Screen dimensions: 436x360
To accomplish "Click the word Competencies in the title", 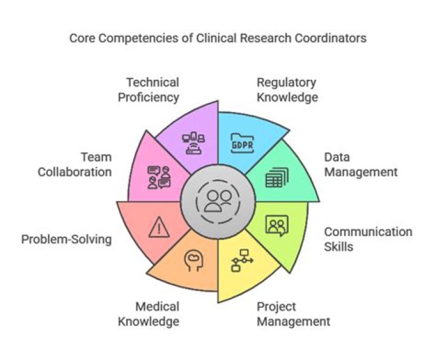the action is tap(138, 38).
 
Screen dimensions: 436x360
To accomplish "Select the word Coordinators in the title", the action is tap(331, 38).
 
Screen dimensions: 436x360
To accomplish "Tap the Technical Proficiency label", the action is tap(148, 90).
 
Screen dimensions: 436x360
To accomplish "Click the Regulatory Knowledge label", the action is tap(287, 90).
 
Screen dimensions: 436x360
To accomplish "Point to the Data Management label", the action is tap(361, 165).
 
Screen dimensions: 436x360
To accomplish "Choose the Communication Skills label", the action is tap(368, 239).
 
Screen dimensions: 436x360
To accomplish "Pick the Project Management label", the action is tap(293, 314).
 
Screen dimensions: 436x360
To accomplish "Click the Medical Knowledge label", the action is tap(148, 314).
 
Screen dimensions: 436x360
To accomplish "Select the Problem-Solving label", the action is tap(67, 240).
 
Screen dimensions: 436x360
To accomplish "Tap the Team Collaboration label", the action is tap(75, 165).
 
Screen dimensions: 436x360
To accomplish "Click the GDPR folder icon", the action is tap(242, 143).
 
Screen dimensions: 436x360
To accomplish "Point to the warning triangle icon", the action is tap(159, 227).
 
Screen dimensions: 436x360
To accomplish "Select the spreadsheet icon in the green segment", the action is tap(277, 177).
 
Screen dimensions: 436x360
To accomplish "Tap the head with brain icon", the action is tap(194, 260).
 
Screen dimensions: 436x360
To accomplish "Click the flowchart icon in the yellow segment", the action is tap(242, 260).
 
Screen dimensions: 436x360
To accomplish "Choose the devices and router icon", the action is tap(194, 143).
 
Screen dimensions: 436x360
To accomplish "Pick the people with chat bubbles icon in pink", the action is tap(159, 177).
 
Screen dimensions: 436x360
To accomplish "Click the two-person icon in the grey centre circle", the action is tap(219, 201).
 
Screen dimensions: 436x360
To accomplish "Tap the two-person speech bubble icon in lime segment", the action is tap(277, 225).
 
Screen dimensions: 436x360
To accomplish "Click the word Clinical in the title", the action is tap(216, 38).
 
